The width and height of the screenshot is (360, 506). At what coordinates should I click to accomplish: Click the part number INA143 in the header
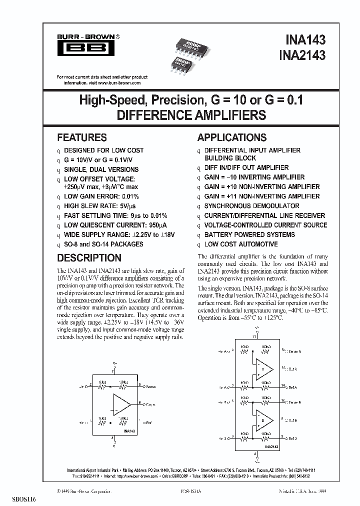305,39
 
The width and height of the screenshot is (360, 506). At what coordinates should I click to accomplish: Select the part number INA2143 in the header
301,54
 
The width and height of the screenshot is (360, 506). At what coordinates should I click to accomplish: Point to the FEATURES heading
82,137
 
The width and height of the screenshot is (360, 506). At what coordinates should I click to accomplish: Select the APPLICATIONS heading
232,137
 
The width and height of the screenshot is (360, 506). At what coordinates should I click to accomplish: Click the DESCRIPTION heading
89,258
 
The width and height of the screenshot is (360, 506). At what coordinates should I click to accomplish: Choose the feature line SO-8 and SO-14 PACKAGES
103,244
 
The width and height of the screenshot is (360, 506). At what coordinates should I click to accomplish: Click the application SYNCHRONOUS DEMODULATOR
251,206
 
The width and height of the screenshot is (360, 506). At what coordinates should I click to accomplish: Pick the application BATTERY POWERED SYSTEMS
249,234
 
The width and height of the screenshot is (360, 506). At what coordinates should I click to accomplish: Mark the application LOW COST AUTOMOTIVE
240,244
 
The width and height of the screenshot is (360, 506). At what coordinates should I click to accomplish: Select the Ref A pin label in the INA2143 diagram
292,387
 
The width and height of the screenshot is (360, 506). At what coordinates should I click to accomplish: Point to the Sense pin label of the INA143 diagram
150,386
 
